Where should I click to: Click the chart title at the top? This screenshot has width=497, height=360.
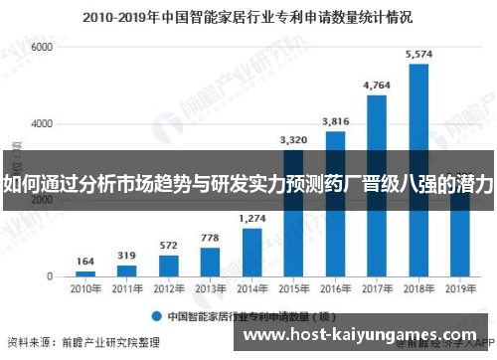(x=248, y=17)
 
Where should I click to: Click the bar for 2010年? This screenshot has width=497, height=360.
(x=86, y=272)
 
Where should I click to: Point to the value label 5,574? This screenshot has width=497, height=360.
(x=419, y=54)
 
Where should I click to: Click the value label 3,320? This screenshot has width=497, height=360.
(x=294, y=139)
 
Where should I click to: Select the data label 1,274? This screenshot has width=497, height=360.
(x=252, y=218)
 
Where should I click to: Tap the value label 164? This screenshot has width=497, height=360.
(x=86, y=262)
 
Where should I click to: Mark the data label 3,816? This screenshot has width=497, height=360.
(x=336, y=120)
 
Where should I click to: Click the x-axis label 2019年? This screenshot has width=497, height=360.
(x=460, y=289)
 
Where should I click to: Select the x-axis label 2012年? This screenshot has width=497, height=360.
(x=169, y=289)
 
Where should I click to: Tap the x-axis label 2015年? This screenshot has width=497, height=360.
(x=294, y=289)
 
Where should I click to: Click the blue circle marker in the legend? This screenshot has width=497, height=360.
(x=156, y=316)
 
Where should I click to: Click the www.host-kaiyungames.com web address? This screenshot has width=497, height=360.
(x=361, y=338)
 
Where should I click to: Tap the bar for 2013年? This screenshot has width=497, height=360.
(x=211, y=261)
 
